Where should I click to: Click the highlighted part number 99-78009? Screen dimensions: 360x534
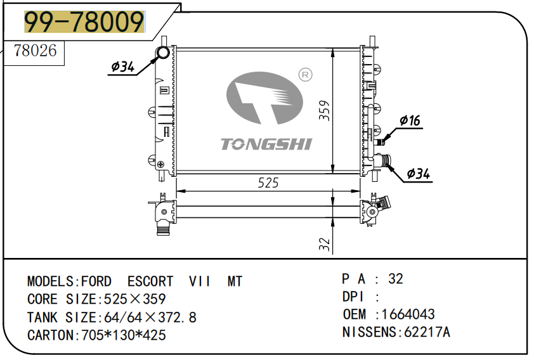click(84, 23)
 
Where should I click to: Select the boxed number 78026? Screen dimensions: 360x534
click(36, 51)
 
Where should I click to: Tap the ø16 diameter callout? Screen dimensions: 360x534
click(410, 121)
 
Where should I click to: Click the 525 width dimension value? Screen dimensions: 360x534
click(268, 183)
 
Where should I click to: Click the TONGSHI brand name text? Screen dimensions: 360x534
click(266, 145)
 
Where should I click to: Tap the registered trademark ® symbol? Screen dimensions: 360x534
click(305, 75)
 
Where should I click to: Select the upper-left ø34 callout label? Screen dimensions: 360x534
click(122, 66)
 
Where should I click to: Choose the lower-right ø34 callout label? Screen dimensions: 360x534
click(418, 173)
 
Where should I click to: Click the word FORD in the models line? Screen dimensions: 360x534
click(96, 281)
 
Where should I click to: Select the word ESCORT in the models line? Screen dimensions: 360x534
click(150, 281)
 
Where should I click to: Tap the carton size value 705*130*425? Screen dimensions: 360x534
click(124, 335)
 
